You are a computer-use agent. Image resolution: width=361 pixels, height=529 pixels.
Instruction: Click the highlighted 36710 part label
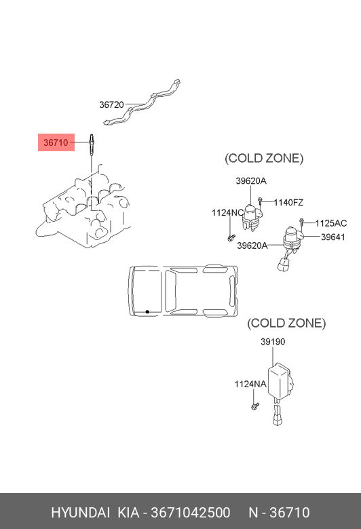point(56,142)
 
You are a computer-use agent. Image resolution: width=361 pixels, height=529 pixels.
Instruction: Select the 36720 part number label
point(111,104)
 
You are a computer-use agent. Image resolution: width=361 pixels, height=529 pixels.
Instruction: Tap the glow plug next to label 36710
point(91,145)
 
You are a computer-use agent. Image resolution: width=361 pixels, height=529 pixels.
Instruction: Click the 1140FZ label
point(288,202)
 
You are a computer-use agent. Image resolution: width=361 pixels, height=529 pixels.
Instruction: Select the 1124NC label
point(227,213)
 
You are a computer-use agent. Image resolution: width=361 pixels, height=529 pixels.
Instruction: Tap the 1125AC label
point(331,223)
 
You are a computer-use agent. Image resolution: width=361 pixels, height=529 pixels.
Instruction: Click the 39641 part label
point(333,237)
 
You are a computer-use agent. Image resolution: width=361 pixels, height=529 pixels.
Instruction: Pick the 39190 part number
point(273,342)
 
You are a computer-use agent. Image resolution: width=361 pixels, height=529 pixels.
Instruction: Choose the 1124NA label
point(250,385)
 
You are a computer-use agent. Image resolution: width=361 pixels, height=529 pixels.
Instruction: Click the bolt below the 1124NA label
point(255,406)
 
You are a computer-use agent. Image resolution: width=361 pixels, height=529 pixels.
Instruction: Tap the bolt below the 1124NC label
point(231,238)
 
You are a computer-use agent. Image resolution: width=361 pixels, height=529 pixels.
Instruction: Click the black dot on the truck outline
point(147,312)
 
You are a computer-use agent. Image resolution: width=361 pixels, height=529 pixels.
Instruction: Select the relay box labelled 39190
point(280,380)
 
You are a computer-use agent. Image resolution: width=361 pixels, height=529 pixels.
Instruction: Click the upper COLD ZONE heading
point(264,158)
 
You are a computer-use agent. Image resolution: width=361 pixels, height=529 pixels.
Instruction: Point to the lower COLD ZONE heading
point(286,324)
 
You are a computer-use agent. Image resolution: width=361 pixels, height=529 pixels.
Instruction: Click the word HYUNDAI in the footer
point(80,513)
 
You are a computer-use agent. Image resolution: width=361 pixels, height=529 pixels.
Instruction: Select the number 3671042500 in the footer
point(191,513)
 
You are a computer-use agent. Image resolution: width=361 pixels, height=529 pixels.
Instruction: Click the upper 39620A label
point(251,181)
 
